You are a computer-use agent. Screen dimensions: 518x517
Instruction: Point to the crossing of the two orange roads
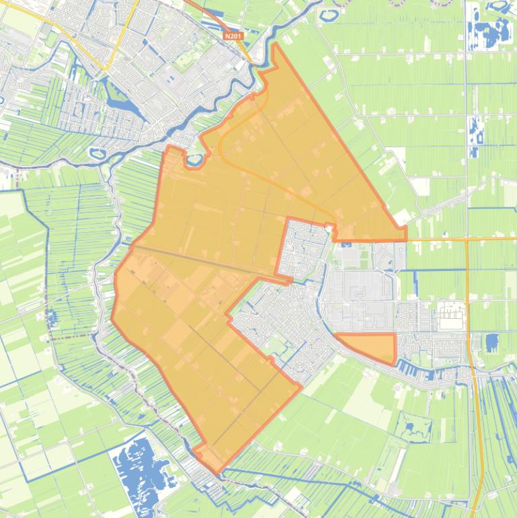467,238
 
